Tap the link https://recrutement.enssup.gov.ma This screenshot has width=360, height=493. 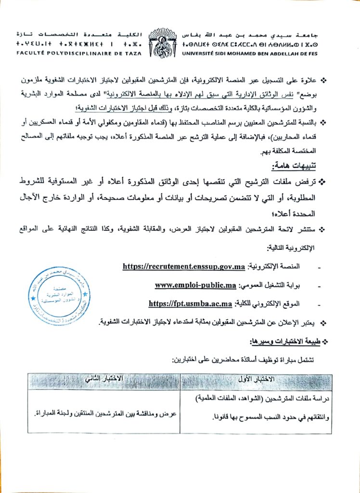(184, 266)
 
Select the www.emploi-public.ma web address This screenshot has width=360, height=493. (195, 285)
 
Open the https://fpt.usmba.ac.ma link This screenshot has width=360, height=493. (191, 303)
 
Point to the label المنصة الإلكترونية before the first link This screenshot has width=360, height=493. (272, 266)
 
